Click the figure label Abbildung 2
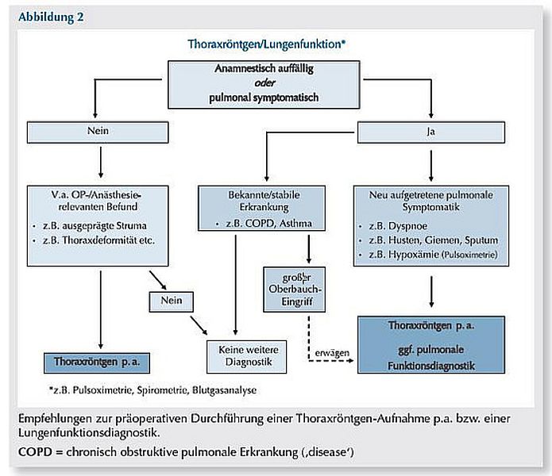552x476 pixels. [51, 17]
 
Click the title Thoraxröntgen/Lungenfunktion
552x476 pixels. [266, 44]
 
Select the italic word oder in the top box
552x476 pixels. [264, 83]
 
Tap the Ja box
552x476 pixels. [431, 132]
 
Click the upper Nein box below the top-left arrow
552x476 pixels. [98, 132]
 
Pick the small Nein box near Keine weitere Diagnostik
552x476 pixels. [171, 301]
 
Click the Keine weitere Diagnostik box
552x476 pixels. [246, 356]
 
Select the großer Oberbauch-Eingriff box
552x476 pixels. [295, 290]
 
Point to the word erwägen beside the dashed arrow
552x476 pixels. [332, 353]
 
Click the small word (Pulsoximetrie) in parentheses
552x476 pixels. [469, 255]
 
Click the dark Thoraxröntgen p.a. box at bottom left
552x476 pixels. [97, 363]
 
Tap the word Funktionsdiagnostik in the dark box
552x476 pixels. [431, 366]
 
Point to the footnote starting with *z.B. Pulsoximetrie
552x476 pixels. [152, 390]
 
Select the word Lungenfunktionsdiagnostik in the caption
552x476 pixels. [89, 432]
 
